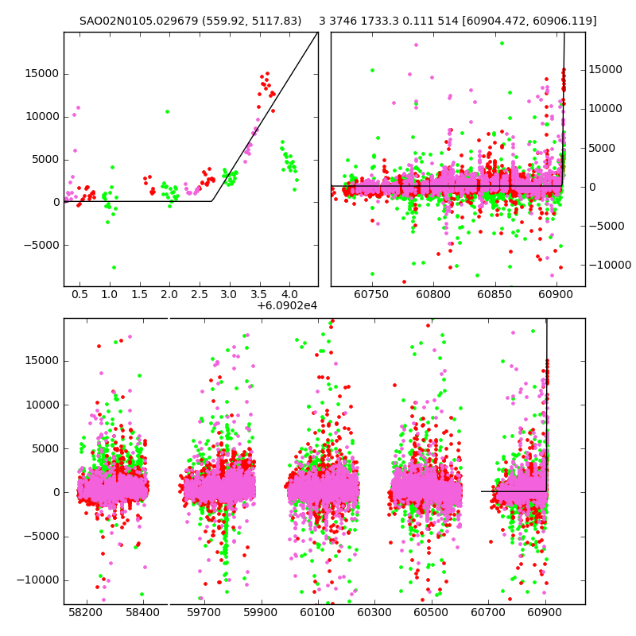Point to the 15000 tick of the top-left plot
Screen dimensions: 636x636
click(43, 74)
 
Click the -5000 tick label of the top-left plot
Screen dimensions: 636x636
click(41, 245)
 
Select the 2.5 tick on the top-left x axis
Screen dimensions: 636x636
click(200, 293)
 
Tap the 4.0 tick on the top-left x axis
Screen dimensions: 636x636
click(289, 293)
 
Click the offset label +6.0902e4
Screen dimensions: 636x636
click(287, 305)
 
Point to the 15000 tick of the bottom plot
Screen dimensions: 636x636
click(43, 360)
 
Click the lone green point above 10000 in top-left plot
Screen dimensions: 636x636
click(167, 111)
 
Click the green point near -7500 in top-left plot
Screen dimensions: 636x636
click(114, 267)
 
